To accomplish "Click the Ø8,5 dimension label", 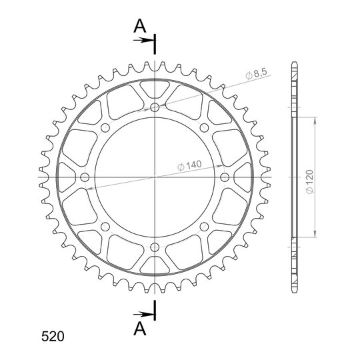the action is point(256,74).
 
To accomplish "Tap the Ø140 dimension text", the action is point(189,165).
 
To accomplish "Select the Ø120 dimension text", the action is point(310,181).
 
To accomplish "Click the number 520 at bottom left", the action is point(53,337).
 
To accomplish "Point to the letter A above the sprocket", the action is point(140,26).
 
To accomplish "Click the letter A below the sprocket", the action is point(140,329).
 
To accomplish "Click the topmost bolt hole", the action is point(155,107).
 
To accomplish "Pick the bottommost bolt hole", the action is point(155,247).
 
